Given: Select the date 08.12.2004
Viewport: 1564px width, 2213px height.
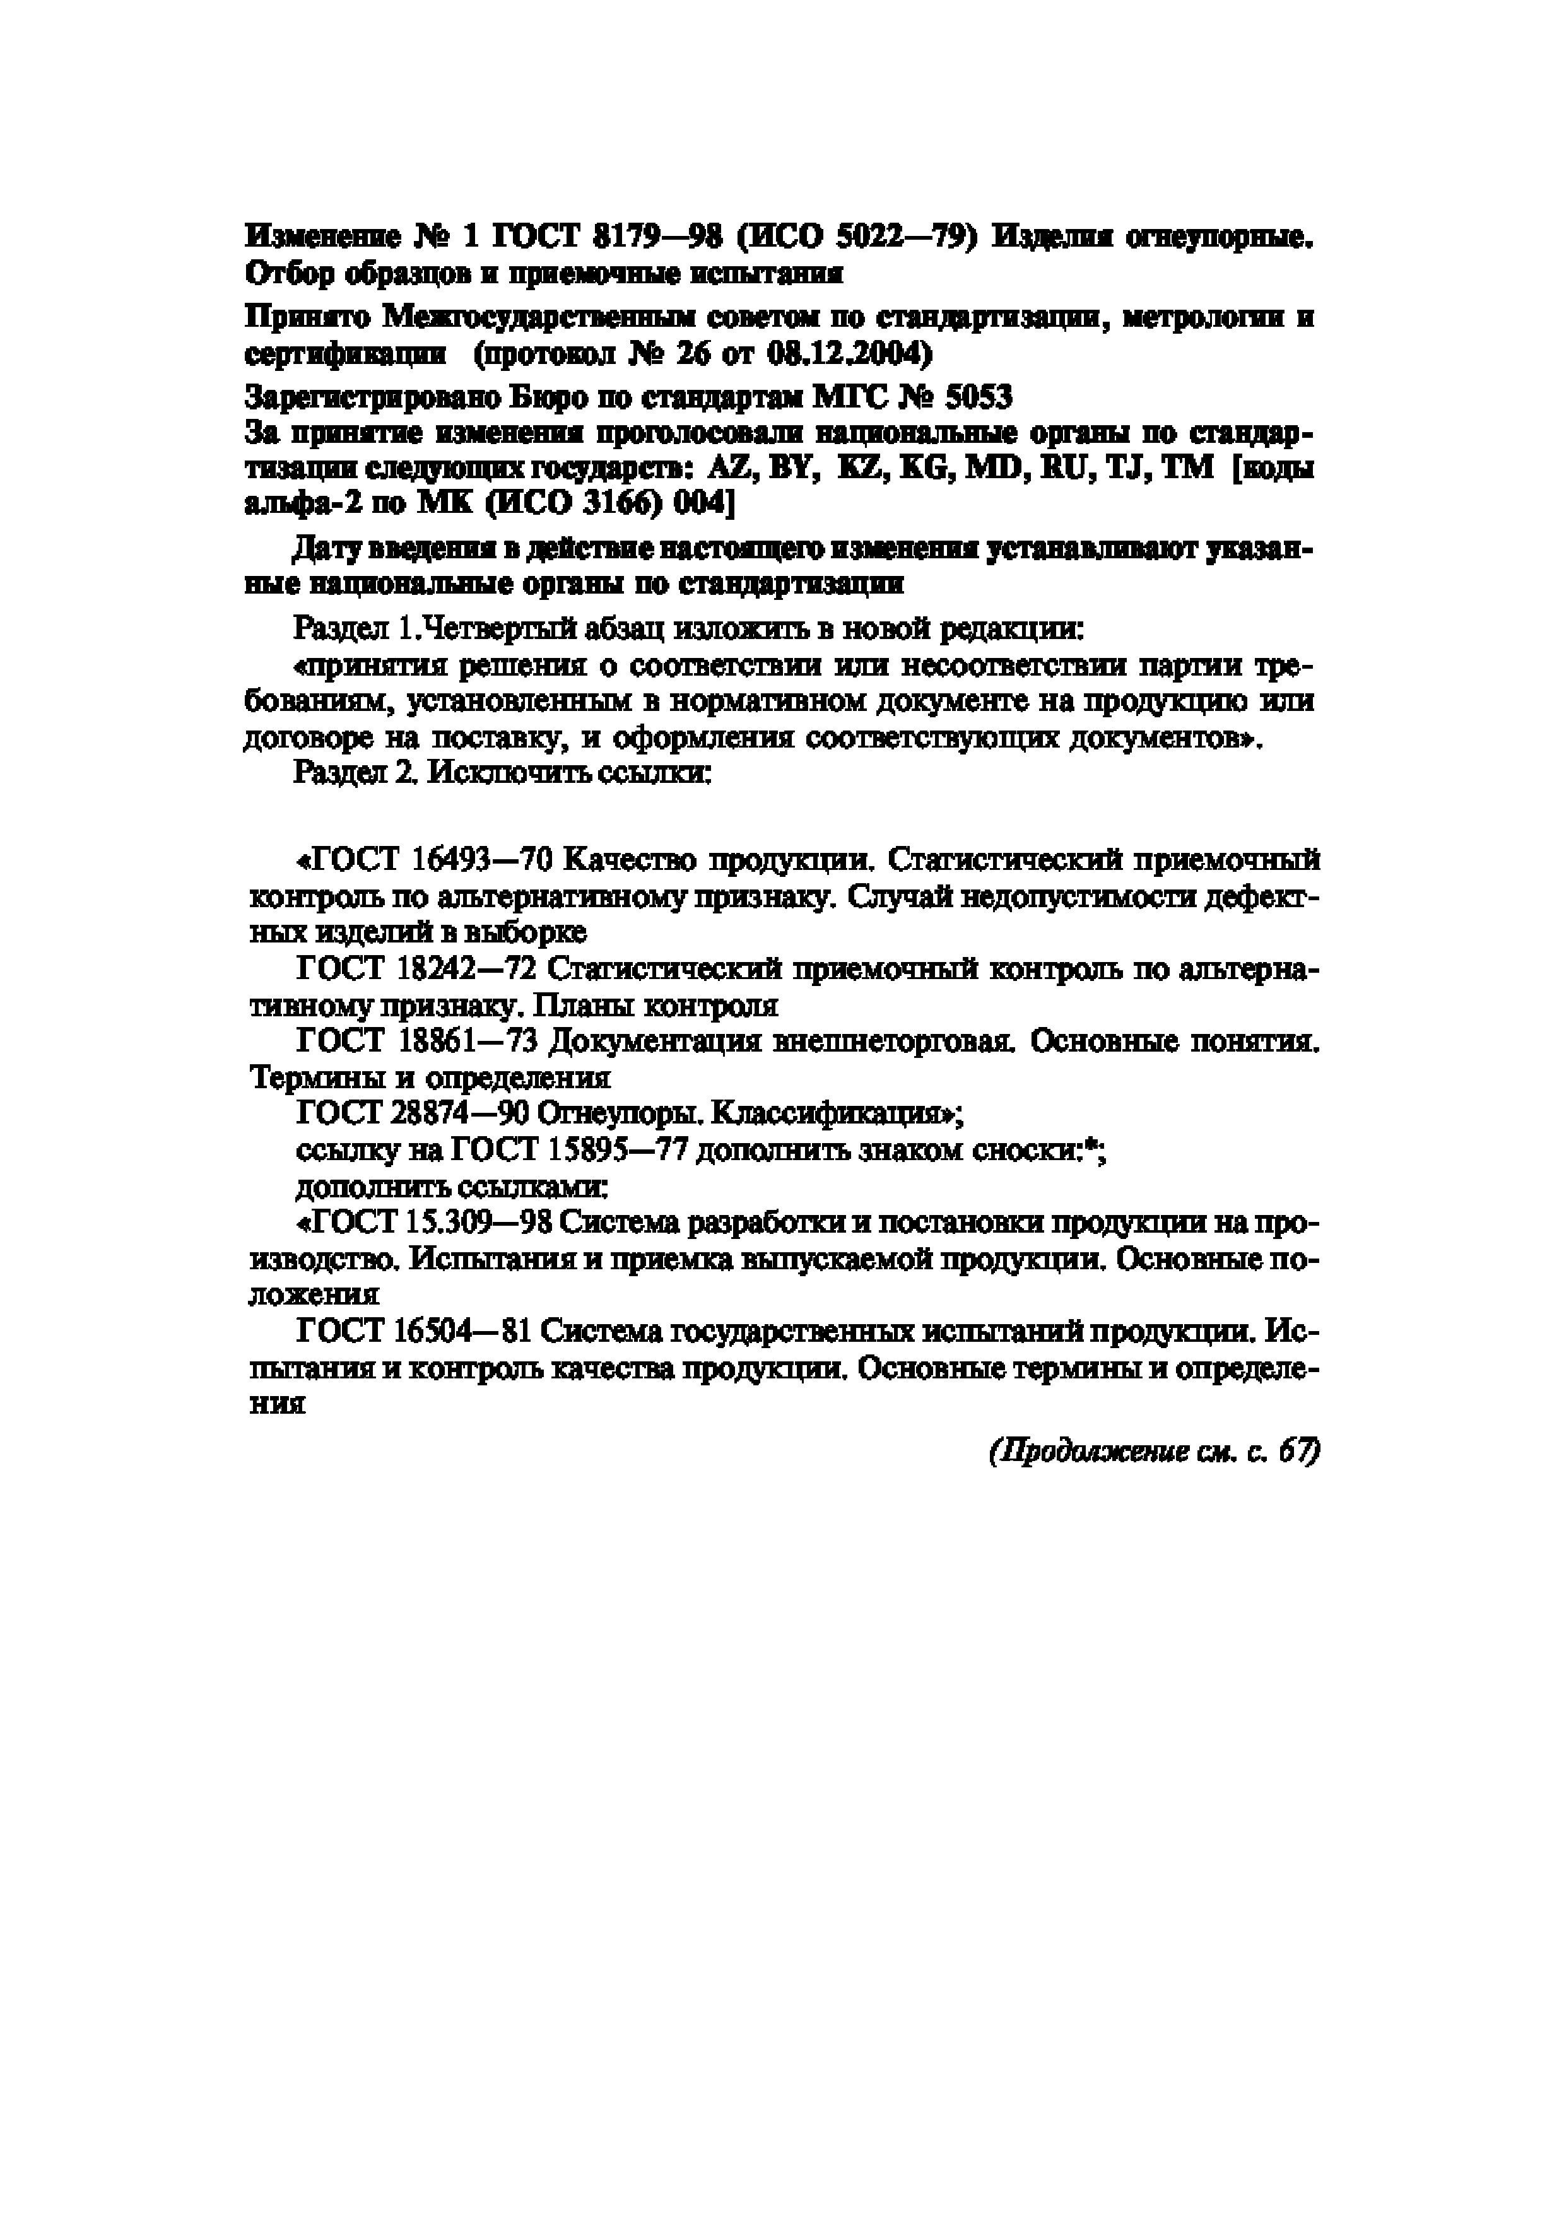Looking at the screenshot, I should pos(849,356).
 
